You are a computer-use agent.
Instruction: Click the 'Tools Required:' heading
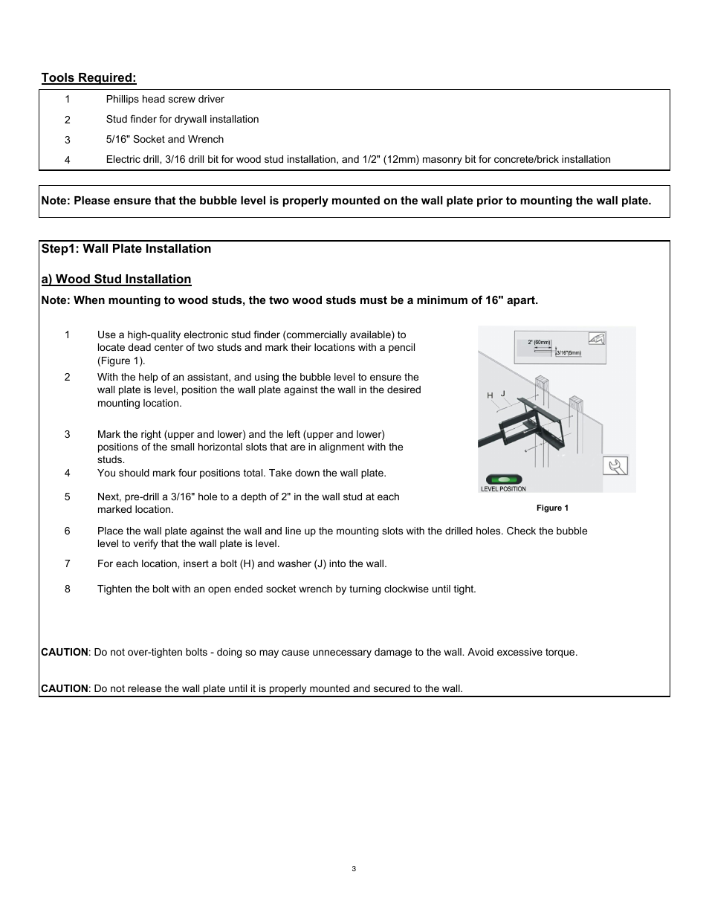tap(88, 78)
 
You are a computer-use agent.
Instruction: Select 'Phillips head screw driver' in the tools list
tap(164, 100)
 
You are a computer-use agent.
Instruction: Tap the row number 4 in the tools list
tap(68, 160)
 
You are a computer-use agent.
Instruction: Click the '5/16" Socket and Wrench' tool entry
tap(164, 140)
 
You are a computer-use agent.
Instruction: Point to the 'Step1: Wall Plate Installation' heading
tap(126, 249)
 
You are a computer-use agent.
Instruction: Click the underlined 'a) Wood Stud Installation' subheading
tap(116, 279)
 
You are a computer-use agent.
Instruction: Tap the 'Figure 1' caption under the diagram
tap(552, 508)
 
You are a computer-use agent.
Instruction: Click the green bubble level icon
tap(503, 479)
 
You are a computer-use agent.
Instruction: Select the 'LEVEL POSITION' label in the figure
tap(503, 489)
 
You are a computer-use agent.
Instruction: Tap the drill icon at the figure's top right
tap(596, 339)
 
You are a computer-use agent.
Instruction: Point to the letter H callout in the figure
tap(490, 395)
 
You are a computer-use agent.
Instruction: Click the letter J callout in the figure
tap(503, 393)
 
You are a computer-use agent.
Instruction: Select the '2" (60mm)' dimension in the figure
tap(539, 343)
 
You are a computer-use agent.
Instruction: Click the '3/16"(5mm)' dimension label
tap(569, 353)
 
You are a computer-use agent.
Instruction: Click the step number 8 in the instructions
tap(68, 589)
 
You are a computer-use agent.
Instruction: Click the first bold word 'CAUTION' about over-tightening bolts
tap(64, 653)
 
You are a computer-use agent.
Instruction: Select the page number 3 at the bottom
tap(354, 869)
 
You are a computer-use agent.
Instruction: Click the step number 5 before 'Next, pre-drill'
tap(68, 497)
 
